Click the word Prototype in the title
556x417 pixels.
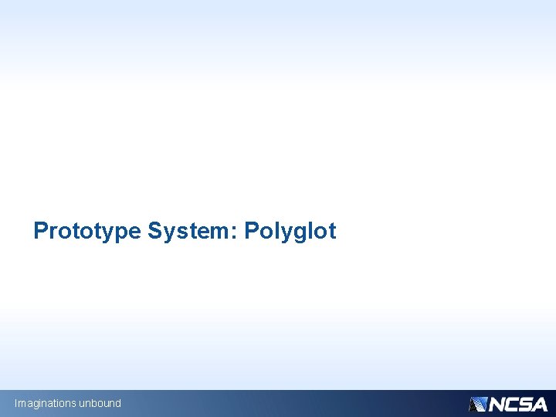[x=87, y=231]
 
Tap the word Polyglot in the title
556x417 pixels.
[x=290, y=231]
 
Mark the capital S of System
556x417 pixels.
[x=154, y=231]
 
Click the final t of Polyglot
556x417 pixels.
[x=332, y=231]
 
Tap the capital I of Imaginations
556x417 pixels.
[x=15, y=403]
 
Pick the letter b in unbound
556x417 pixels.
[x=94, y=403]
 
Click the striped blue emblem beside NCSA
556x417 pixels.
[x=477, y=404]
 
